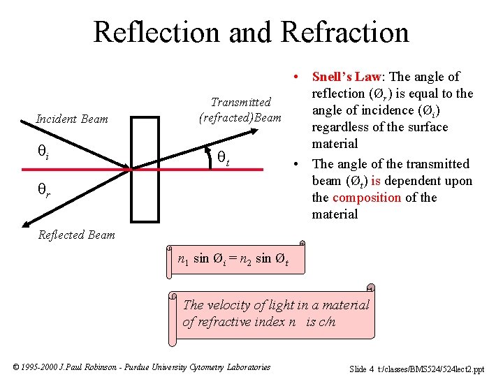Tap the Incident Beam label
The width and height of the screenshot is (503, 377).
72,119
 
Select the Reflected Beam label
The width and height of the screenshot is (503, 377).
77,235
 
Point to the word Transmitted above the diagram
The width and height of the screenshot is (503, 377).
240,103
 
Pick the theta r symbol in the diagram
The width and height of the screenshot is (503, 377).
43,189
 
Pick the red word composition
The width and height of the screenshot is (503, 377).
367,198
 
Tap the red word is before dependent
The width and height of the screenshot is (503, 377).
376,181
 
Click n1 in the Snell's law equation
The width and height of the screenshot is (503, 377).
183,260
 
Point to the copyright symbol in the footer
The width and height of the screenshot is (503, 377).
17,367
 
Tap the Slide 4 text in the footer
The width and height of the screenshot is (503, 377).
361,369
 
